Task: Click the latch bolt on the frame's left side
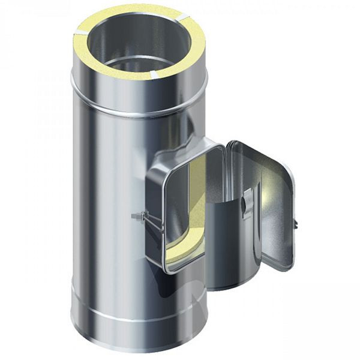coord(137,215)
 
